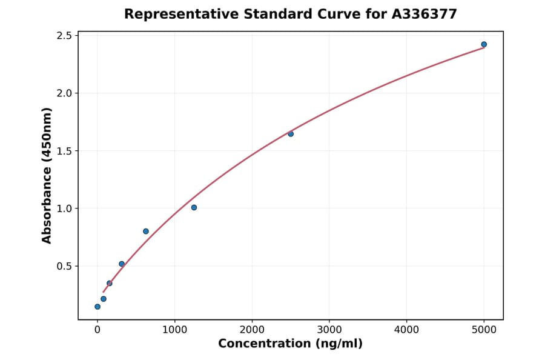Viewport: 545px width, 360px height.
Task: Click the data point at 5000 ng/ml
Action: click(x=484, y=44)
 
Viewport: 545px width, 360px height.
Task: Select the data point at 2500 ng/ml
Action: click(x=291, y=134)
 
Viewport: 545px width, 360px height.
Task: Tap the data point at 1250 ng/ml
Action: click(x=194, y=207)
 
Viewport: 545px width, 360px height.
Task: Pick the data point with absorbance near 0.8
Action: click(x=146, y=232)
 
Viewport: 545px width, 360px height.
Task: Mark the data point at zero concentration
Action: click(x=97, y=307)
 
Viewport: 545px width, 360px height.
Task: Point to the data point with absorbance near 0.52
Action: click(x=122, y=264)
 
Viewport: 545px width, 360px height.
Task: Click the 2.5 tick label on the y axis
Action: click(x=64, y=36)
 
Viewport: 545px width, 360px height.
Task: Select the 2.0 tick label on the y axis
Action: click(x=64, y=93)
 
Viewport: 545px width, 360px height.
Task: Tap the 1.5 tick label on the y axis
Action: click(x=64, y=151)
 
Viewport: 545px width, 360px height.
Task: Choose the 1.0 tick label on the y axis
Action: click(x=64, y=208)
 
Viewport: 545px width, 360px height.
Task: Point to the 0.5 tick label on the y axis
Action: click(x=64, y=266)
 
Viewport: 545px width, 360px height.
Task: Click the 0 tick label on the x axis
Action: click(x=97, y=330)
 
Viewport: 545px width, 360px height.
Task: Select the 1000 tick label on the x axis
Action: click(x=175, y=330)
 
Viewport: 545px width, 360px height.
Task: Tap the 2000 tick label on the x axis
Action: click(x=252, y=330)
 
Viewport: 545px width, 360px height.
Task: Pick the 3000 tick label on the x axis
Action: click(x=329, y=330)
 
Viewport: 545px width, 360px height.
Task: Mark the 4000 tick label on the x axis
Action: click(x=406, y=330)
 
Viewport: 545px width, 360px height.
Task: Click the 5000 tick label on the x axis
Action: click(x=484, y=330)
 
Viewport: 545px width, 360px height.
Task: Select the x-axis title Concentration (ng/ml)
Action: click(x=291, y=344)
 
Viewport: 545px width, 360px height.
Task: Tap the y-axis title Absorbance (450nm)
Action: click(x=47, y=175)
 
